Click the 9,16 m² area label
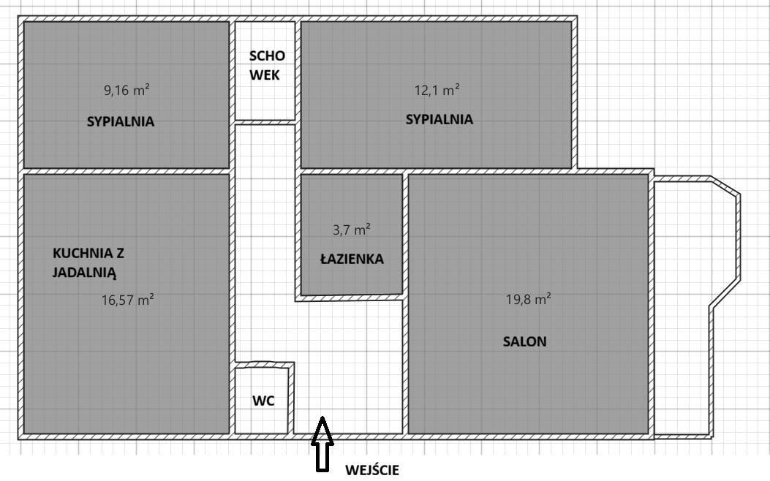pyautogui.click(x=127, y=91)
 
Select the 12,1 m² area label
pyautogui.click(x=437, y=90)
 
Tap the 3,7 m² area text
pyautogui.click(x=351, y=230)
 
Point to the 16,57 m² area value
pyautogui.click(x=127, y=299)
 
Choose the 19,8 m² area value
pyautogui.click(x=528, y=299)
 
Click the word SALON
pyautogui.click(x=524, y=341)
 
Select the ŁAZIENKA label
pyautogui.click(x=351, y=259)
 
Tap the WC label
pyautogui.click(x=263, y=401)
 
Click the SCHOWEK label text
pyautogui.click(x=266, y=65)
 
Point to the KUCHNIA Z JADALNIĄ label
pyautogui.click(x=88, y=263)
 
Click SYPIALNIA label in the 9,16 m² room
pyautogui.click(x=121, y=122)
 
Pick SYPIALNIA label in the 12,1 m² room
pyautogui.click(x=439, y=119)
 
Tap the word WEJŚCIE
pyautogui.click(x=372, y=470)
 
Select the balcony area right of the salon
pyautogui.click(x=680, y=307)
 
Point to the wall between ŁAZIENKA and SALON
pyautogui.click(x=405, y=234)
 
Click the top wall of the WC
pyautogui.click(x=264, y=364)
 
